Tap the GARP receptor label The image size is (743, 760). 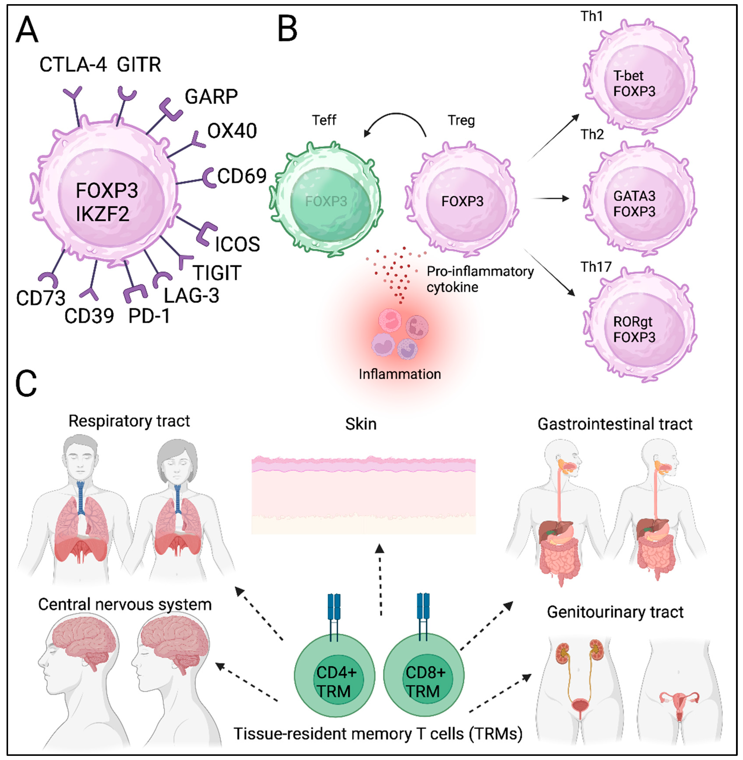click(x=211, y=97)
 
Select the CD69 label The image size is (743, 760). click(x=242, y=176)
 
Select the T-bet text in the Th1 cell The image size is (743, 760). click(x=628, y=76)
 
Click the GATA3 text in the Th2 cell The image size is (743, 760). click(x=634, y=196)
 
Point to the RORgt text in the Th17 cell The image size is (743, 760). click(x=633, y=322)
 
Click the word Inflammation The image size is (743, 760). click(x=400, y=374)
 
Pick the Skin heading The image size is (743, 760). click(x=361, y=424)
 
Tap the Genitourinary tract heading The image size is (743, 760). click(x=615, y=612)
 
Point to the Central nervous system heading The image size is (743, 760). click(x=125, y=604)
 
